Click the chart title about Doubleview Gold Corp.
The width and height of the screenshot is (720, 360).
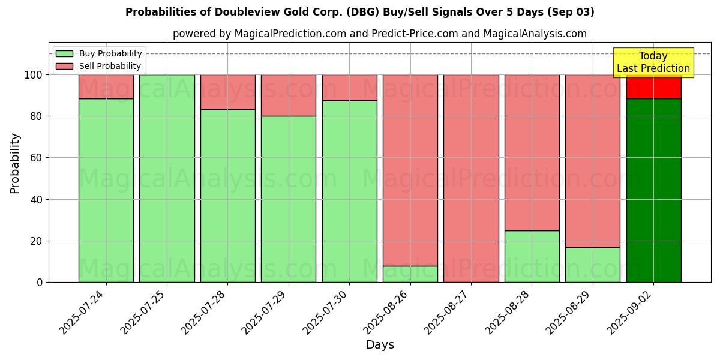pos(360,12)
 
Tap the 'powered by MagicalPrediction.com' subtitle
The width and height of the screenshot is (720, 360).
pos(379,34)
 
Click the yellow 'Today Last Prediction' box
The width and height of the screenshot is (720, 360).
pos(653,62)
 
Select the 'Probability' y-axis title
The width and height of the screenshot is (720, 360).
pos(15,163)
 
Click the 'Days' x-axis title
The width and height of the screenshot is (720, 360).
pos(380,345)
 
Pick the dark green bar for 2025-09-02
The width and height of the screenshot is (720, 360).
pos(653,190)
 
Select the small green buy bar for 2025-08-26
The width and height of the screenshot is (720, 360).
pos(410,274)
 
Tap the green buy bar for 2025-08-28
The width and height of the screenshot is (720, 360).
pos(532,256)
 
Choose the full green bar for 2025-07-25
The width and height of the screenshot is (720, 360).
pos(167,178)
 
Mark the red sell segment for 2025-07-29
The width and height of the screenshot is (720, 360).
pos(289,95)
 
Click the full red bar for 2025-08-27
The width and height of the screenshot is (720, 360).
pos(471,178)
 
